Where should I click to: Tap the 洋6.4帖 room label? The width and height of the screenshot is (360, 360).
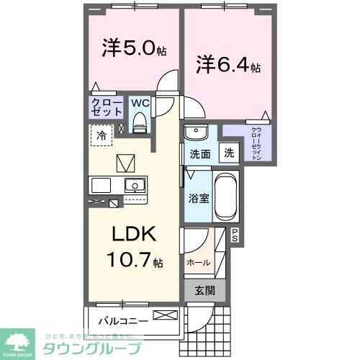(x=228, y=65)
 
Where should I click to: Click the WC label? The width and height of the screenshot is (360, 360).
(x=140, y=103)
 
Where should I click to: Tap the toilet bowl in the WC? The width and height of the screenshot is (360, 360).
(x=140, y=125)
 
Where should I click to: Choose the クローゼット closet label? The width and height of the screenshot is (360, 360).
(x=105, y=108)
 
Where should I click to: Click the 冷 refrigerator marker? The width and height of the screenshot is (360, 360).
(x=102, y=135)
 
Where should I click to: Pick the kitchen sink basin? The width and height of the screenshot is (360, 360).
(x=135, y=186)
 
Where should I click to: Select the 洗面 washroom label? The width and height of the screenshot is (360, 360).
(x=199, y=154)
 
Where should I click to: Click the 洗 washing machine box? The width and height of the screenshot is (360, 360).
(x=228, y=153)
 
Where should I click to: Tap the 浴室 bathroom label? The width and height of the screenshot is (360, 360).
(x=199, y=197)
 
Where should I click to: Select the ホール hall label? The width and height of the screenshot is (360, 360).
(x=198, y=263)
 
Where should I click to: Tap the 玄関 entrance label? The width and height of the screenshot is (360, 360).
(x=204, y=290)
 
